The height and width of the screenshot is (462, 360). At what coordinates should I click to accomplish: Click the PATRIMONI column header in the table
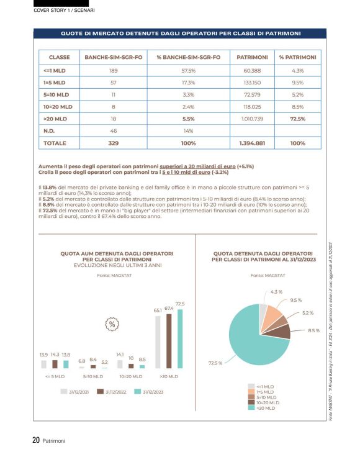coord(252,57)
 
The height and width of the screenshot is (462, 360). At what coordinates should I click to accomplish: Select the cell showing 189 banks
coord(114,70)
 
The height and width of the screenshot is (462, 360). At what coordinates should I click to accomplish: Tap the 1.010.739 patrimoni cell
coord(252,118)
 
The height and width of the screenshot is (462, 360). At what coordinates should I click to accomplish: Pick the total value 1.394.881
coord(252,143)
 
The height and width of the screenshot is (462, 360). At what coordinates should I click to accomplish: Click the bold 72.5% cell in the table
coord(298,118)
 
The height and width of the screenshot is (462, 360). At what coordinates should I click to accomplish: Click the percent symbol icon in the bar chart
coord(112,324)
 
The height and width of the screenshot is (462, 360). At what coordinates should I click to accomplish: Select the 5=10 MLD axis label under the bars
coord(94,376)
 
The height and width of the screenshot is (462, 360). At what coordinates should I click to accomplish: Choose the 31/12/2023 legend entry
coord(148,392)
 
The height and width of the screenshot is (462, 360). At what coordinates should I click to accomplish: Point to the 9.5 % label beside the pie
coord(296,300)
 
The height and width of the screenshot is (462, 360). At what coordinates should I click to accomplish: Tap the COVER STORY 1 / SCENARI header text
coord(63,11)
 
